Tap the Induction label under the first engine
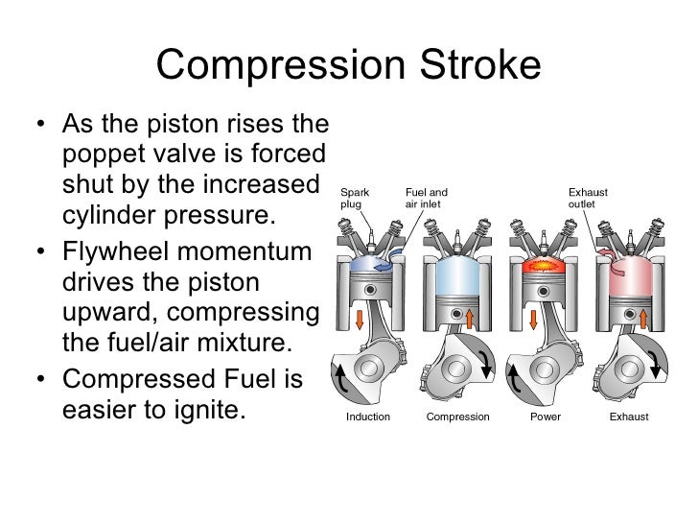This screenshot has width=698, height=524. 367,417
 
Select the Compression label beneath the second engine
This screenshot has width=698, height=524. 457,417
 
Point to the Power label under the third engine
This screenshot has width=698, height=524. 545,417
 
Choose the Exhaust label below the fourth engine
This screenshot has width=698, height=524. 629,417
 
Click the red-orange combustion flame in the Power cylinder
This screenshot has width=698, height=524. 545,260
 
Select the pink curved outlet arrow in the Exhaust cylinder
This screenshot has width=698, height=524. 606,252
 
